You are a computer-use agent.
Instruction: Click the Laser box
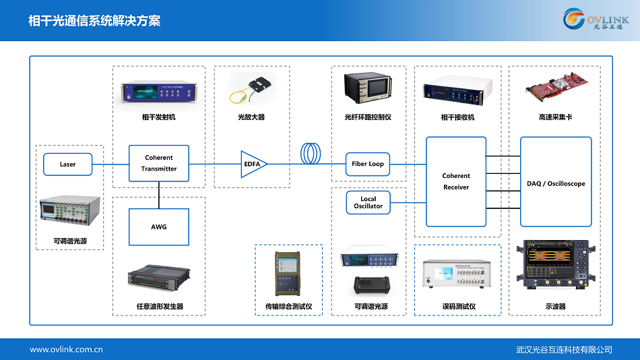(67, 164)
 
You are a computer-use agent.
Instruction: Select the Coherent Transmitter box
(159, 163)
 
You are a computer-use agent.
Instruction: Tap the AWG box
(159, 227)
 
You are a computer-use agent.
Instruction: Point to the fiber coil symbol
(312, 154)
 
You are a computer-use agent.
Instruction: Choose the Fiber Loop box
(368, 164)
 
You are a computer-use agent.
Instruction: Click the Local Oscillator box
(368, 202)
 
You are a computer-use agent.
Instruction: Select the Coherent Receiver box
(456, 181)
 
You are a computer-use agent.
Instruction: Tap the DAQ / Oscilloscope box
(556, 182)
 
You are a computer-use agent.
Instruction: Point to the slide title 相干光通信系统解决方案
(94, 20)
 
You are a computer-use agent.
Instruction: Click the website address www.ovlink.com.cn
(66, 349)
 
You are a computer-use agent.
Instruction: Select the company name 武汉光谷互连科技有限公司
(564, 349)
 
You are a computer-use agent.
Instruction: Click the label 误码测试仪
(459, 307)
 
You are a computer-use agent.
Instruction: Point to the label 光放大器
(251, 117)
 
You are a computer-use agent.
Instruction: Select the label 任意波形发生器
(160, 307)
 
